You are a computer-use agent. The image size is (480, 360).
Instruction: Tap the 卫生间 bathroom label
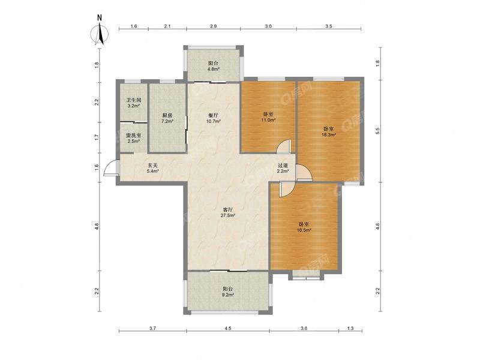tap(133, 100)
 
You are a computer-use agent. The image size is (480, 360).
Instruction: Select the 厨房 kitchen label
tap(167, 115)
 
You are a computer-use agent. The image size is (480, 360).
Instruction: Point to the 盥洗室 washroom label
tap(133, 136)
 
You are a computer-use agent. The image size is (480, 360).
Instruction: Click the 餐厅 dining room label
tap(214, 115)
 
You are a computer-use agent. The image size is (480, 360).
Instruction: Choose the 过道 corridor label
tap(283, 166)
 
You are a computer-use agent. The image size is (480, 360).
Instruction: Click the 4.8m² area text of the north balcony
tap(214, 69)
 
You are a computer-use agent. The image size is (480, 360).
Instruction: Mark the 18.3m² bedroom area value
tap(329, 135)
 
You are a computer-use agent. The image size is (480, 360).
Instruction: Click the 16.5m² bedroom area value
tap(304, 230)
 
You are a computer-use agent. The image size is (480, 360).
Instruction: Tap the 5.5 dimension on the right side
tap(377, 132)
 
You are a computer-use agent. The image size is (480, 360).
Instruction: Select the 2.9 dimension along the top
tap(213, 27)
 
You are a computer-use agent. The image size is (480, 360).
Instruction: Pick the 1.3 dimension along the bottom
tap(350, 328)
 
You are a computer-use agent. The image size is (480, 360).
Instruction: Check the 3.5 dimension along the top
tap(328, 27)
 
